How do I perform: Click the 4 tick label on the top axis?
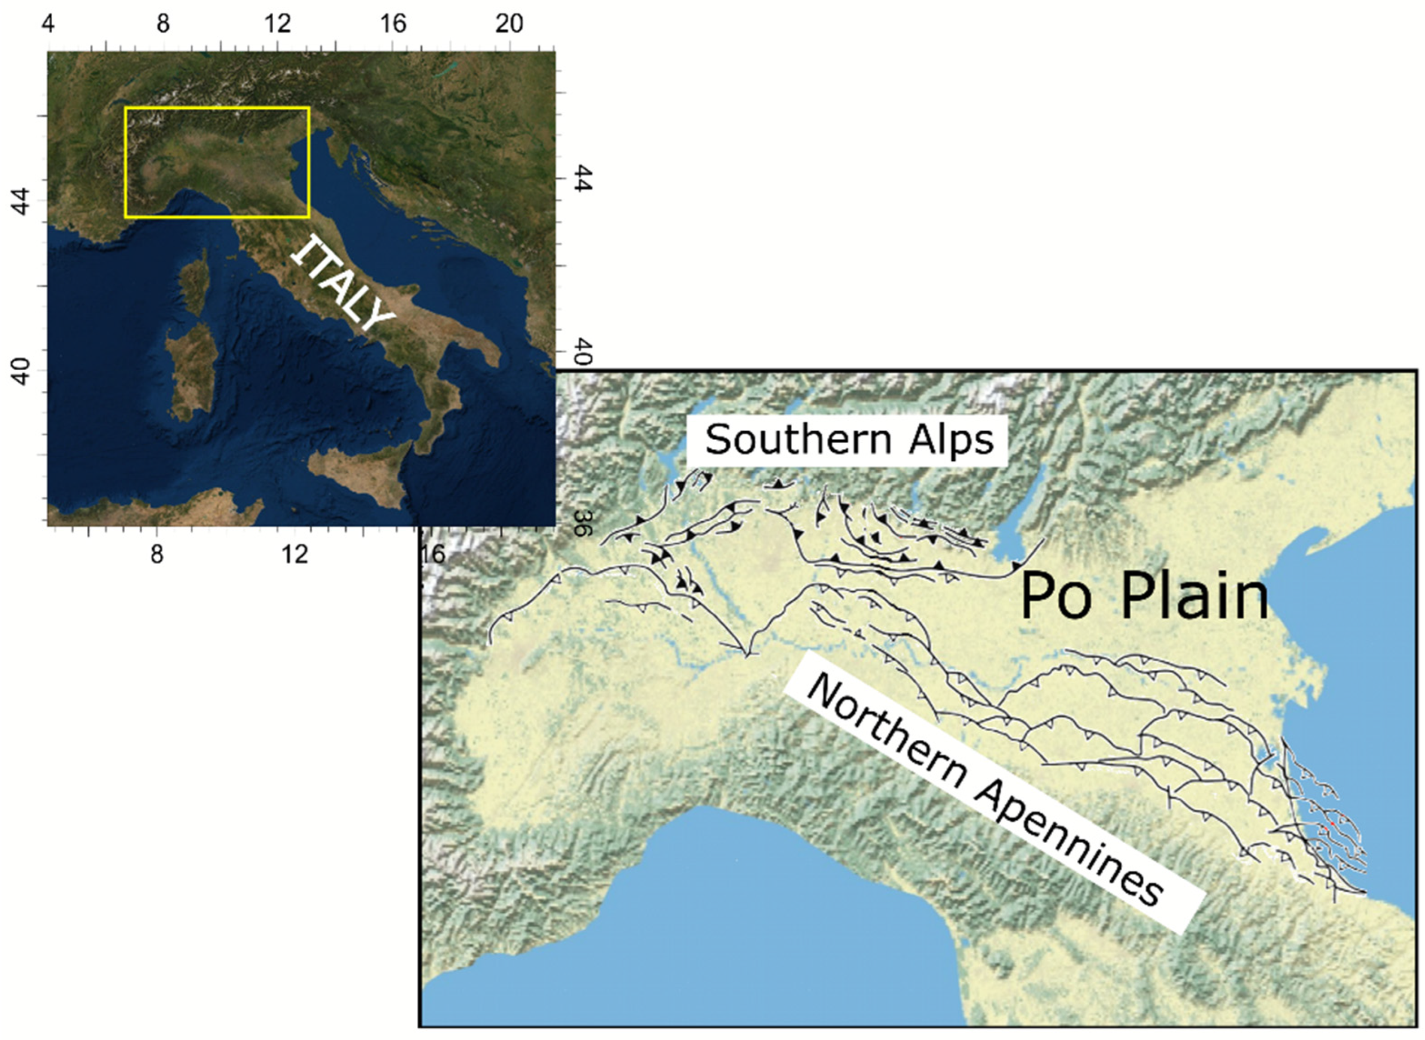click(x=48, y=24)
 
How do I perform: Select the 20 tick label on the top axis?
click(x=509, y=24)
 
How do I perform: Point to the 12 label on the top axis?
click(x=278, y=24)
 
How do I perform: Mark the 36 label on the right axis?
click(x=581, y=522)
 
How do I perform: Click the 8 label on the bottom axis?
click(x=156, y=554)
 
